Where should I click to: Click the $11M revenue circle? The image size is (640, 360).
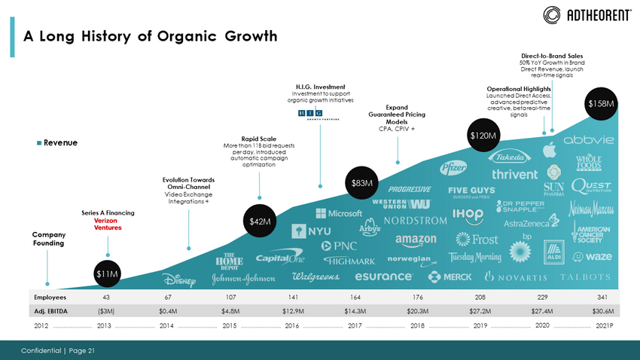(108, 273)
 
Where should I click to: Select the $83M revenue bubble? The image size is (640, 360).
(361, 183)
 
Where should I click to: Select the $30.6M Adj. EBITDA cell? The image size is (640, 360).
(603, 310)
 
